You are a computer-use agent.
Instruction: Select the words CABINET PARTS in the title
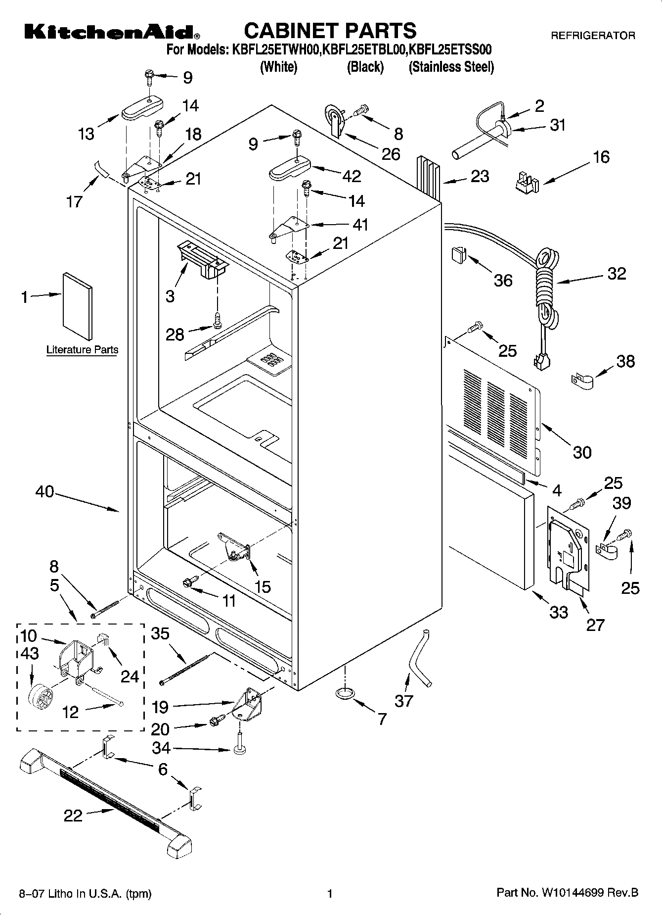pos(330,31)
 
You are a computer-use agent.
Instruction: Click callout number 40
pos(44,492)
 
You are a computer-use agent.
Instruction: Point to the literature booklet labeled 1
pos(77,307)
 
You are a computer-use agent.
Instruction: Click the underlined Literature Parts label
pos(82,350)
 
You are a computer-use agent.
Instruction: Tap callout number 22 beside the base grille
pos(73,816)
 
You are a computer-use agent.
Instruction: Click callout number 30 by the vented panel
pos(582,452)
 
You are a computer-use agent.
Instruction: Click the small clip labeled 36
pos(458,255)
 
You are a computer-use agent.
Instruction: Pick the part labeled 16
pos(525,182)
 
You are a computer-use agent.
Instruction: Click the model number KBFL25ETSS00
pos(451,49)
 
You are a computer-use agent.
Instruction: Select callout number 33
pos(559,613)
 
